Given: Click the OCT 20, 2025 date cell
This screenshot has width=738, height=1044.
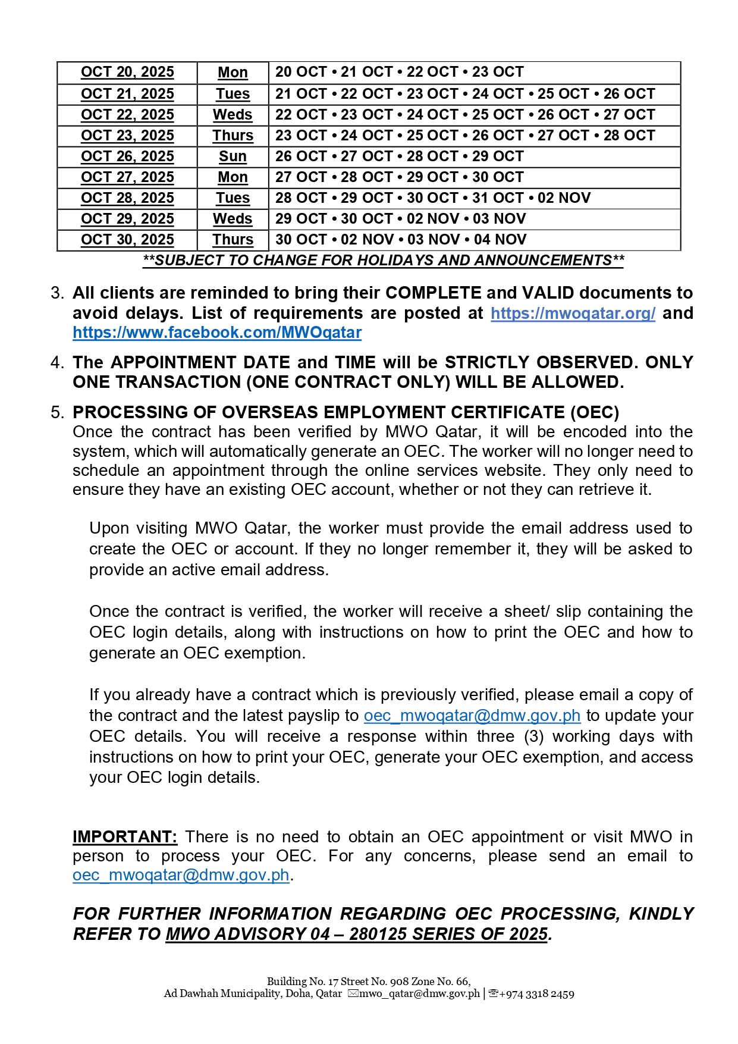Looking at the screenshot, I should [x=127, y=72].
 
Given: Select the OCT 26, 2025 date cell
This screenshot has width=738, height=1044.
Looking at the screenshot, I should [x=127, y=156].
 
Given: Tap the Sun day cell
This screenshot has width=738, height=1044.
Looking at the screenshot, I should [x=233, y=156].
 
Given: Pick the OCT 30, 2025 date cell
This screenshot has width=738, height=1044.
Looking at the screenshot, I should [x=127, y=240].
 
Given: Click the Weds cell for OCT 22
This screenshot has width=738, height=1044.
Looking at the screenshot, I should [x=233, y=115].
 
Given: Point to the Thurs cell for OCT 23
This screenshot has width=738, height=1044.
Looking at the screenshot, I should [x=233, y=136].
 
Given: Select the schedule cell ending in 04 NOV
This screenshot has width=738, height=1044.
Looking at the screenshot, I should [x=401, y=240].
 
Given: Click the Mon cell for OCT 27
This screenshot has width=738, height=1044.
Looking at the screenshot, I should [x=233, y=177].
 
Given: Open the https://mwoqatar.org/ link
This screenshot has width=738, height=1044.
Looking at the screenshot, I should [x=573, y=313].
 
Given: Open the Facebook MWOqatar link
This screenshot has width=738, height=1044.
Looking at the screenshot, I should [x=217, y=333].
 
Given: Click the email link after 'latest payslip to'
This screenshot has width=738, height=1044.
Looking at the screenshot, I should [x=472, y=716].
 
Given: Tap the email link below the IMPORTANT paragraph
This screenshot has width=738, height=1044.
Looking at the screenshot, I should [x=181, y=876].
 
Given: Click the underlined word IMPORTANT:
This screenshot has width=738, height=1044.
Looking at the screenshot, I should [x=125, y=837].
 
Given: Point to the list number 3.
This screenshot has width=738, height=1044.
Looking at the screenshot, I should [x=57, y=293].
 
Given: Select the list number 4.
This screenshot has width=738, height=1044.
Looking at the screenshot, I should [x=57, y=363].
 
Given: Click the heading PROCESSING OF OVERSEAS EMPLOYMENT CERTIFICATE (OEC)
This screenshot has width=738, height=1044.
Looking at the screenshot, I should [x=346, y=412].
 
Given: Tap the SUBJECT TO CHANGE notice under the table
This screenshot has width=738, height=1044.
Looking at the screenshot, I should [x=383, y=261].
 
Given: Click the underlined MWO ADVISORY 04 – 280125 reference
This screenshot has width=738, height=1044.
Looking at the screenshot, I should [x=356, y=934].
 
